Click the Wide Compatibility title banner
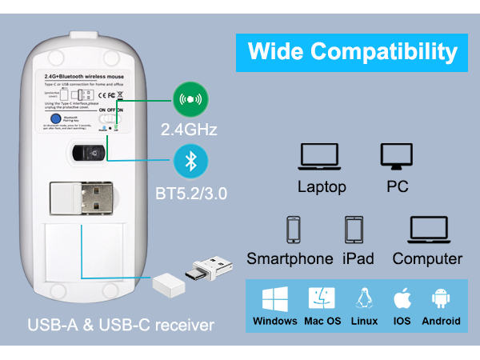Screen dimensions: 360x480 tap(352, 52)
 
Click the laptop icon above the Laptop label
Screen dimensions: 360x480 tap(322, 157)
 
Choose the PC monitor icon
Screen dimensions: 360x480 tap(396, 156)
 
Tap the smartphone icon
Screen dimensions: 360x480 tap(294, 230)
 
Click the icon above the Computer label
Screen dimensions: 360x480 tap(427, 230)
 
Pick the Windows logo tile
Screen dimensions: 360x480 tap(274, 298)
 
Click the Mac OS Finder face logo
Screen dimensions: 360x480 tap(322, 298)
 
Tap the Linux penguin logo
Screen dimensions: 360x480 tap(364, 298)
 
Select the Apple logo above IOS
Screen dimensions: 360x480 tap(402, 298)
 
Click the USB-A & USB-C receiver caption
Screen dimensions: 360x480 tap(121, 325)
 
